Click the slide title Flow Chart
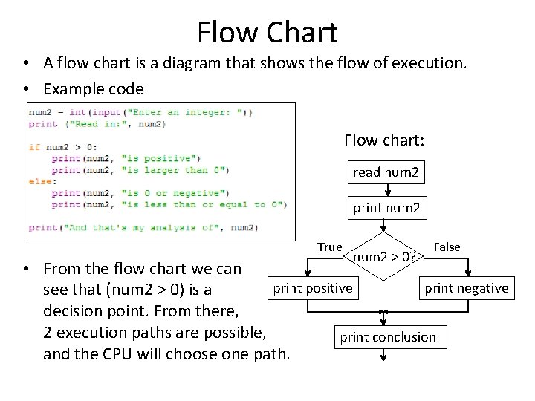267,32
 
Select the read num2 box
386,172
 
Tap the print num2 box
386,208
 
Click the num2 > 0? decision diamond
383,258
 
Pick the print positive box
313,288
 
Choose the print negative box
466,288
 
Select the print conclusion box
388,337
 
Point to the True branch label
329,247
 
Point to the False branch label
447,247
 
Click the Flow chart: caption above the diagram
384,140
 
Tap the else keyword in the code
39,181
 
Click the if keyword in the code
33,147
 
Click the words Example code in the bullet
94,89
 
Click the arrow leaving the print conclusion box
383,356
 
